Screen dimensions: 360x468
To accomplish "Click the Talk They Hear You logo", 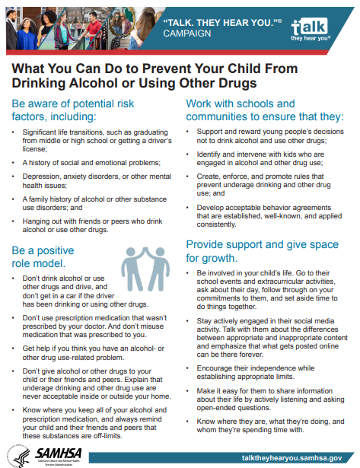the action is [x=319, y=28].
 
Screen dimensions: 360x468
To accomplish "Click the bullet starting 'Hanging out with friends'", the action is [x=91, y=225].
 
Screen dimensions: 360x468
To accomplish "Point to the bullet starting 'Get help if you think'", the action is [x=91, y=352].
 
